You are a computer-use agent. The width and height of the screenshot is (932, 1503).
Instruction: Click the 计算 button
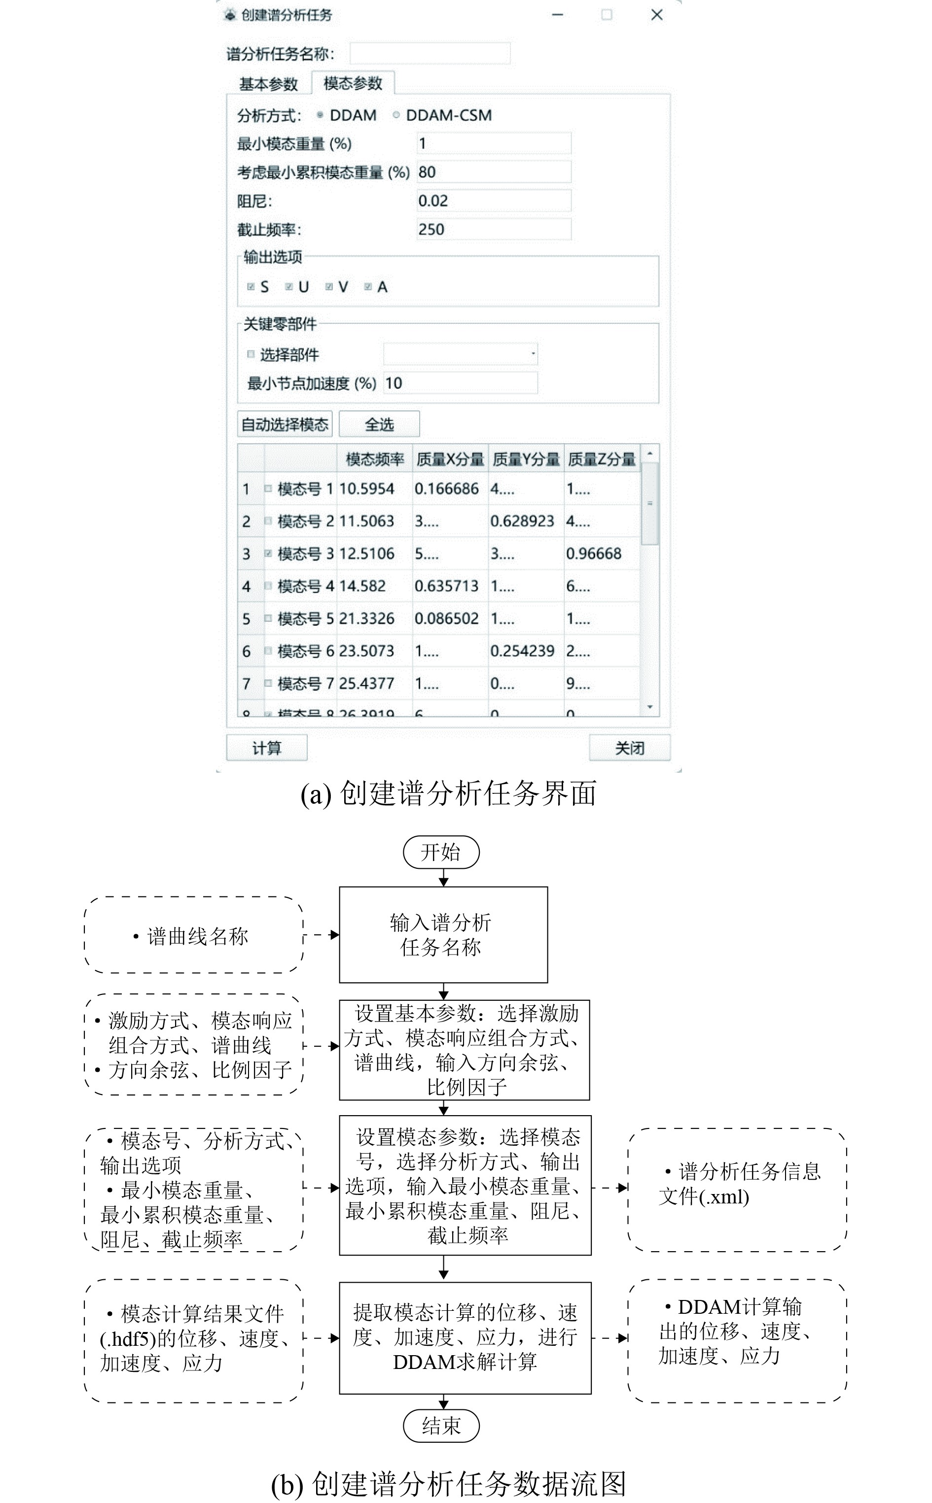(x=266, y=748)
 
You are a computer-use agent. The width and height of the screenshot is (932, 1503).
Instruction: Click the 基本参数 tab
(x=268, y=84)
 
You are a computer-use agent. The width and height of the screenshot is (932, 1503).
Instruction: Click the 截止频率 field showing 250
(x=493, y=230)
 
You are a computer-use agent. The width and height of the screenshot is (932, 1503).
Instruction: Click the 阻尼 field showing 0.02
(x=493, y=201)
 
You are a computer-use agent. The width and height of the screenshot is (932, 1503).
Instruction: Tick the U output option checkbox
(x=288, y=286)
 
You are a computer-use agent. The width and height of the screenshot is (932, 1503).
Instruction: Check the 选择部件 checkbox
(x=251, y=354)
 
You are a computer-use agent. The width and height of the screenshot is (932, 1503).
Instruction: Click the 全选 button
(x=379, y=424)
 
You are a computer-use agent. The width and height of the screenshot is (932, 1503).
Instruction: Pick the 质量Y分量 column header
(x=526, y=459)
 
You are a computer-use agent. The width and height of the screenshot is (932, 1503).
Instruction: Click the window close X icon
(x=656, y=15)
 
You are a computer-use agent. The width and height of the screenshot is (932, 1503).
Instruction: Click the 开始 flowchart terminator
(x=441, y=853)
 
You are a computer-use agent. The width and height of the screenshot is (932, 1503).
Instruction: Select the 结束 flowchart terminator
(x=441, y=1425)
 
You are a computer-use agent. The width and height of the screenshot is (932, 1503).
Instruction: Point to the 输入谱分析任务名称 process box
(x=443, y=934)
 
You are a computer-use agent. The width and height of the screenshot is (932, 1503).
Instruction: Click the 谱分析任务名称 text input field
(x=430, y=54)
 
